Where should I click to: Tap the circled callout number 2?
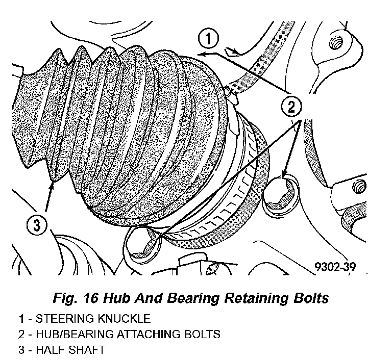pos(291,107)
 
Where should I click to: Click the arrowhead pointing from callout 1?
pos(201,53)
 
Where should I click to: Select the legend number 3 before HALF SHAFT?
pos(22,350)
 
